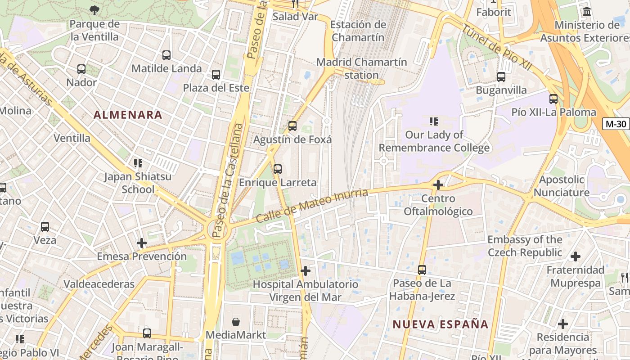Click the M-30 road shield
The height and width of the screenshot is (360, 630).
click(x=616, y=124)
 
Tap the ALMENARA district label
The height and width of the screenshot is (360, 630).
click(x=128, y=115)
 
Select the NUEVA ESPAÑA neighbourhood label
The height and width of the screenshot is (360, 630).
click(x=440, y=324)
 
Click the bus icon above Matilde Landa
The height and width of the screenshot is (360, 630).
click(x=166, y=55)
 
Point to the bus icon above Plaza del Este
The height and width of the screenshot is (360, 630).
click(x=216, y=75)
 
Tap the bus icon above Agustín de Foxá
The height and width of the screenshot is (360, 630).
click(x=292, y=126)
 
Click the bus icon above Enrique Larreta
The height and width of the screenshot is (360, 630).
click(x=278, y=169)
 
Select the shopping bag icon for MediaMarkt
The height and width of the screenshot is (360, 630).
click(x=236, y=322)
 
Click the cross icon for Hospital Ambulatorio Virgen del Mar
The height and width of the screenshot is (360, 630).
click(x=306, y=271)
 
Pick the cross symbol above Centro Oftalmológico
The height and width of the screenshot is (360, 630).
click(x=438, y=185)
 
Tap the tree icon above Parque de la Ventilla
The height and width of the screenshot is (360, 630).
click(x=94, y=10)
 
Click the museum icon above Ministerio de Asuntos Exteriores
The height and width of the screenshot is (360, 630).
click(x=586, y=12)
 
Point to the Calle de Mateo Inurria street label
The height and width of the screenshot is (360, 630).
click(x=312, y=206)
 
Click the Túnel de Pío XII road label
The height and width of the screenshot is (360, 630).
click(x=497, y=47)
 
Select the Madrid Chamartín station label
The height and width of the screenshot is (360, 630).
click(x=361, y=68)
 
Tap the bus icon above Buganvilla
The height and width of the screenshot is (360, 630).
click(x=501, y=77)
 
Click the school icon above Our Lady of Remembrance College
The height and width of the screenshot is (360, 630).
click(x=434, y=121)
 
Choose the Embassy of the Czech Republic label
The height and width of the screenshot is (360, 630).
click(x=525, y=246)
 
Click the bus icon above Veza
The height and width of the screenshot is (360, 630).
click(x=45, y=227)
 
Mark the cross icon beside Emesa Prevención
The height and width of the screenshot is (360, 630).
click(x=142, y=243)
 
